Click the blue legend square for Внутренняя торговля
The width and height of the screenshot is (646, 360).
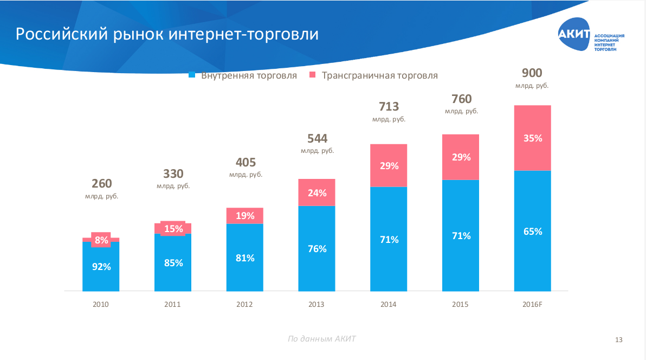click(192, 75)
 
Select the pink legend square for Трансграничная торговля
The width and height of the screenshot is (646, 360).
click(313, 75)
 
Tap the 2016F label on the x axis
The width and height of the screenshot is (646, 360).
click(532, 305)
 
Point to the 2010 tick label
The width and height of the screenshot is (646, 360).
click(101, 305)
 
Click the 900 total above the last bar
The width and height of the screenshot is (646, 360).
click(532, 73)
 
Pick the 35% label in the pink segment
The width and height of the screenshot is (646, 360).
click(533, 138)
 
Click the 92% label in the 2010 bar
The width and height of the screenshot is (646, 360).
click(101, 267)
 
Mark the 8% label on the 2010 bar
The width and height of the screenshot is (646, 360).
click(101, 240)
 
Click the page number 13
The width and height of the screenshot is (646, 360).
click(619, 340)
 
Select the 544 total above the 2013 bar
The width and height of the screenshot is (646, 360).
click(317, 138)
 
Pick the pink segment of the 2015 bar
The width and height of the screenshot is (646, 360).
click(461, 157)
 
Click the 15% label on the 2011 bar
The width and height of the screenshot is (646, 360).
click(173, 229)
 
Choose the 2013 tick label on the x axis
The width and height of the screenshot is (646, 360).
click(316, 305)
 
